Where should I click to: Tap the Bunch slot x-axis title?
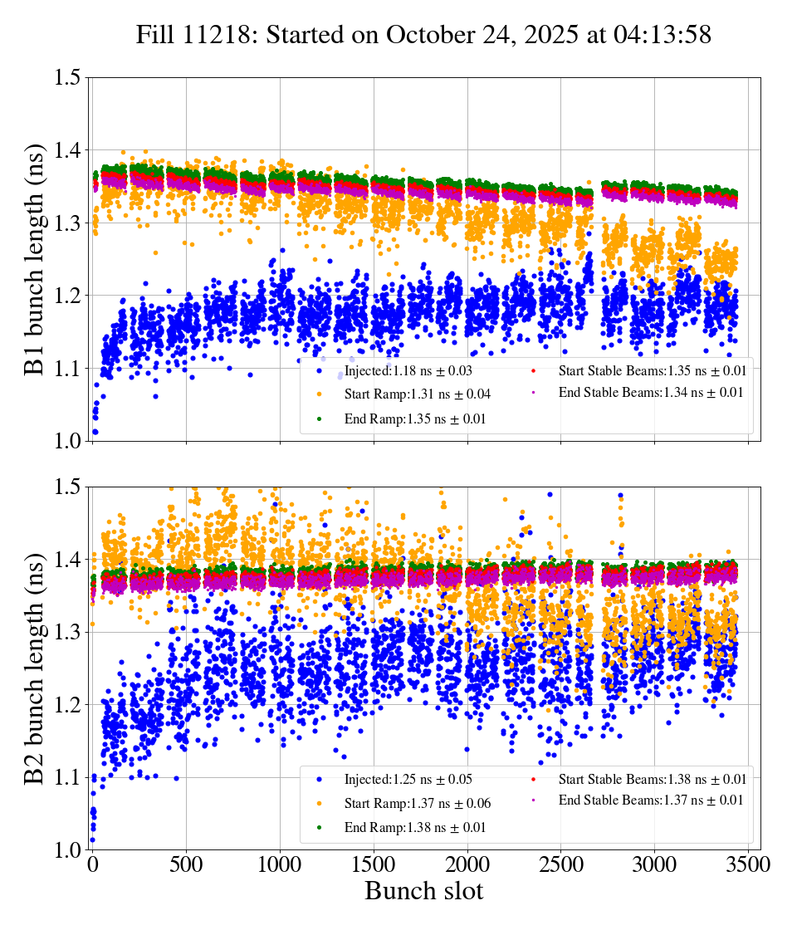tap(423, 891)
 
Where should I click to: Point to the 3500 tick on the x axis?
tap(748, 864)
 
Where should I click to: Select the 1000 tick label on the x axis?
tap(280, 864)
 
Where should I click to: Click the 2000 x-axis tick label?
tap(467, 864)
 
